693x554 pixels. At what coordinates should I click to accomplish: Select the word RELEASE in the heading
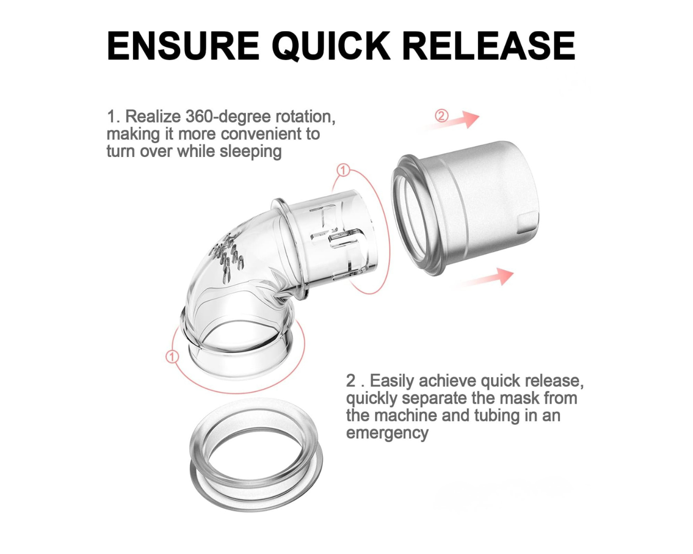coord(489,46)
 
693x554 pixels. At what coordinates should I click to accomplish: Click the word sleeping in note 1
coord(250,151)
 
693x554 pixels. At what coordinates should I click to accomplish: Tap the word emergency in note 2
coord(387,433)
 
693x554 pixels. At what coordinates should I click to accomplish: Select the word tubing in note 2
coord(497,415)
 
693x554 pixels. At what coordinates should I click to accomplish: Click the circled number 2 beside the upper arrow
coord(441,115)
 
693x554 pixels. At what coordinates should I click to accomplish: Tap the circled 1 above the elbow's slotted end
coord(343,170)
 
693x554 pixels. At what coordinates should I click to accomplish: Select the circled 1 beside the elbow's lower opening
coord(172,357)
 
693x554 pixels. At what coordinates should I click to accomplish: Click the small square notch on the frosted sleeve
coord(528,223)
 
